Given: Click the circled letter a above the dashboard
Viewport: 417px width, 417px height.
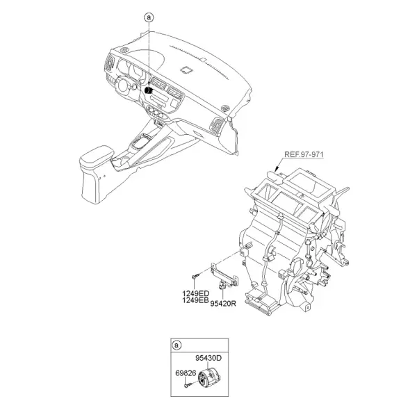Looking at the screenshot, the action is tap(149, 17).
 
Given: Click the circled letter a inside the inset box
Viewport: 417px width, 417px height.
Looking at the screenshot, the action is tap(177, 345).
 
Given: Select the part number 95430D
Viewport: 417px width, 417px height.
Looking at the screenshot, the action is tap(208, 358).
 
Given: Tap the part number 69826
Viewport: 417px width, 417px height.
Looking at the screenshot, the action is tap(186, 373).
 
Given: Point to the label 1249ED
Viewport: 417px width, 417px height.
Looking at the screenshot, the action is tap(196, 293).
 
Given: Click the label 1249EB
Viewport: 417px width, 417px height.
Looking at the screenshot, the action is tap(195, 300).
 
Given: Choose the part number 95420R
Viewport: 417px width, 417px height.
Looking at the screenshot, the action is tap(223, 304).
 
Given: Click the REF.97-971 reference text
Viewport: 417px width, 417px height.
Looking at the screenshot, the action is tap(304, 154).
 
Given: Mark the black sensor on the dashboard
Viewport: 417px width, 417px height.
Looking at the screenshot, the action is tap(148, 90).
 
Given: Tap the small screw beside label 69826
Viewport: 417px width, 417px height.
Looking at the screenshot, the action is tap(189, 384).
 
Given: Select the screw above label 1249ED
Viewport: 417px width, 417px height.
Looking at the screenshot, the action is tap(195, 276).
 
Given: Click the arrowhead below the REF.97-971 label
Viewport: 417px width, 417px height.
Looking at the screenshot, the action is tap(277, 168).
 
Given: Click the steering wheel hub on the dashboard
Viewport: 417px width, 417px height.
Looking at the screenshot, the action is tap(124, 85).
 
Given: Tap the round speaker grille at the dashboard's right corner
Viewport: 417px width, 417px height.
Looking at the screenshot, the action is tap(225, 108).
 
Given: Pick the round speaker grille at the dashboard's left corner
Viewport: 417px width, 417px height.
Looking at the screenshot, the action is tap(124, 50).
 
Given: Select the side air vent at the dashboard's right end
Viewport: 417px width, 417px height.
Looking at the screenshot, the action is tap(217, 124).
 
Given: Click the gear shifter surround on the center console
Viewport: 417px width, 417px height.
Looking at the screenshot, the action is tap(141, 142).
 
